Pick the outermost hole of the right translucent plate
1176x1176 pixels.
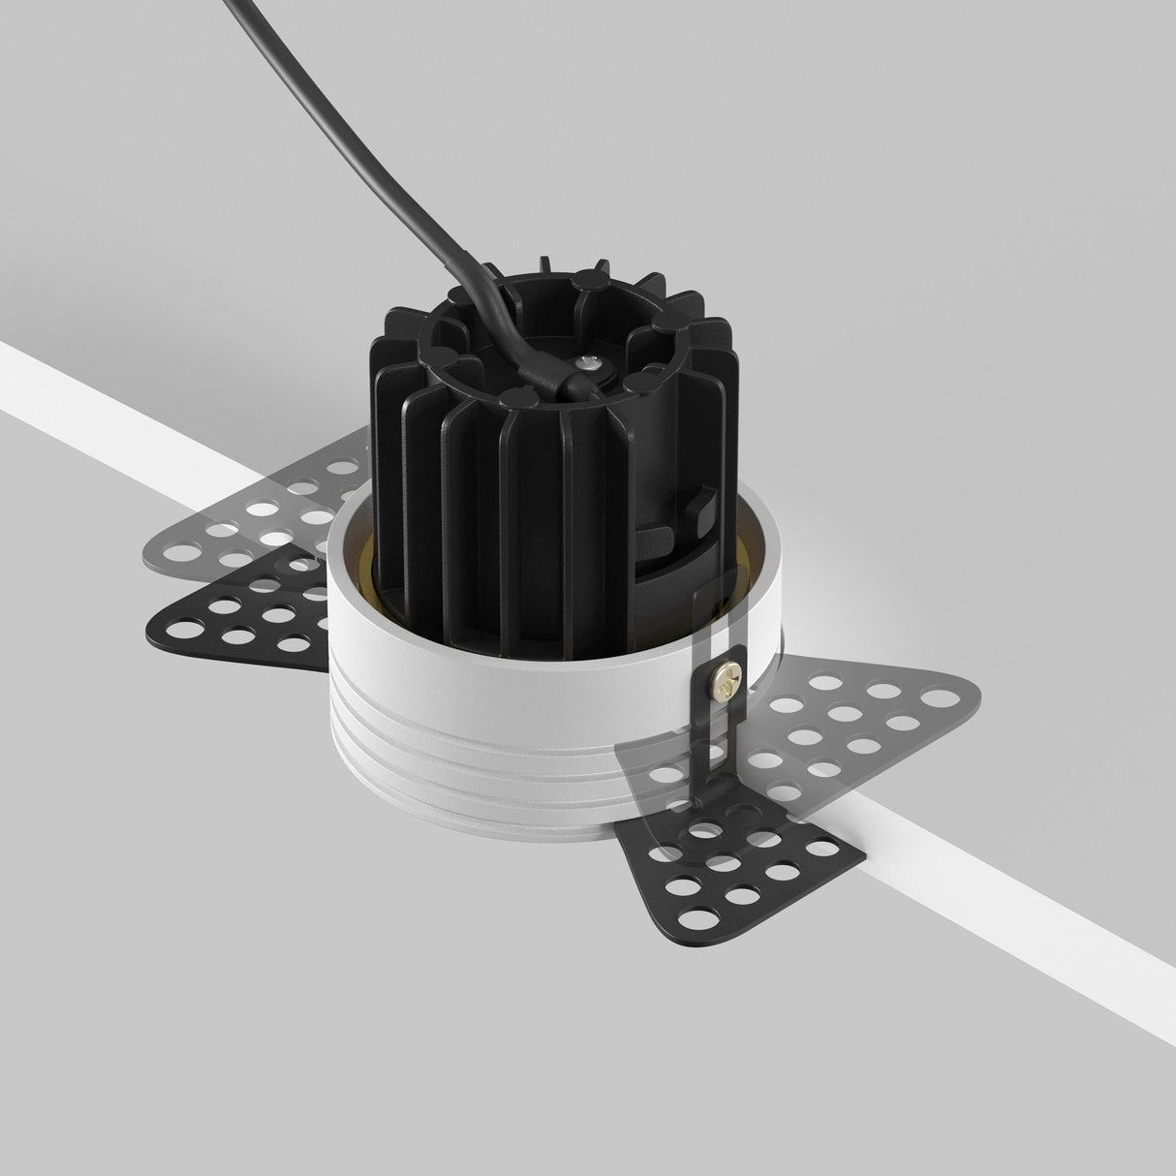pyautogui.click(x=936, y=696)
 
